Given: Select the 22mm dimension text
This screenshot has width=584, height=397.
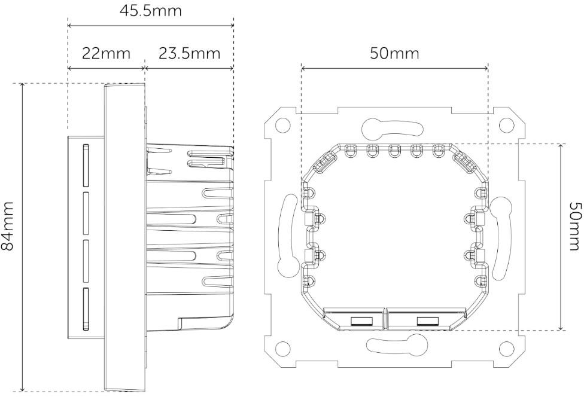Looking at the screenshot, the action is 106,53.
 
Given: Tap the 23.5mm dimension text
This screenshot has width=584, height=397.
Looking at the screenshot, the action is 190,53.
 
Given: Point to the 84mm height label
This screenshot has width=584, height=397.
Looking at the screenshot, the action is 7,226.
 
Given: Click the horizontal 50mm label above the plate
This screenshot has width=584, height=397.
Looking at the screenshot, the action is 394,53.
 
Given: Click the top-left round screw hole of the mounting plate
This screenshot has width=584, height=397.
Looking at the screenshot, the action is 283,126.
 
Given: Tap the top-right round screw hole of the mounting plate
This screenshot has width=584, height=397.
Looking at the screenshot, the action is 506,126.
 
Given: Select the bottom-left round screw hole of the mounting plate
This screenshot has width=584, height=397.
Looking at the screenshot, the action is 283,348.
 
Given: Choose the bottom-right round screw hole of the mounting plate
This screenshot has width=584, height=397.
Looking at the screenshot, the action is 506,348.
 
